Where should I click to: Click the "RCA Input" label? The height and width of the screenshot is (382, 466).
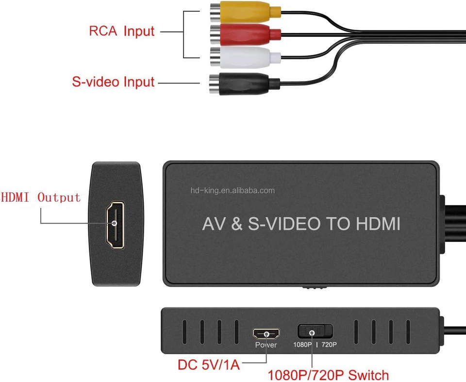click(121, 32)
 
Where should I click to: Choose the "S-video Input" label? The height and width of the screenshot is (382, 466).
click(113, 82)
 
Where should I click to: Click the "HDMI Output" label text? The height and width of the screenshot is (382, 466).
click(41, 197)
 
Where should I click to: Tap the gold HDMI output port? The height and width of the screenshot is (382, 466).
click(115, 223)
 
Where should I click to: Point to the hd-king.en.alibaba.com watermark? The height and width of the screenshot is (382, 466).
click(233, 190)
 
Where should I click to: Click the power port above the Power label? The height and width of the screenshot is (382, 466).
click(266, 334)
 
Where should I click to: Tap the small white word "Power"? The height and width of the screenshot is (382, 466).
click(266, 345)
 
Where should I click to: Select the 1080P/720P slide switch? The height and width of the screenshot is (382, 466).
click(315, 332)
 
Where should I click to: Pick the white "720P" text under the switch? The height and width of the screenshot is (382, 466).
click(329, 345)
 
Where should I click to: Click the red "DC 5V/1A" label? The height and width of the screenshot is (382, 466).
click(209, 365)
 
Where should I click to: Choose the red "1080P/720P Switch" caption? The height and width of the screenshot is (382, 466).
click(328, 375)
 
